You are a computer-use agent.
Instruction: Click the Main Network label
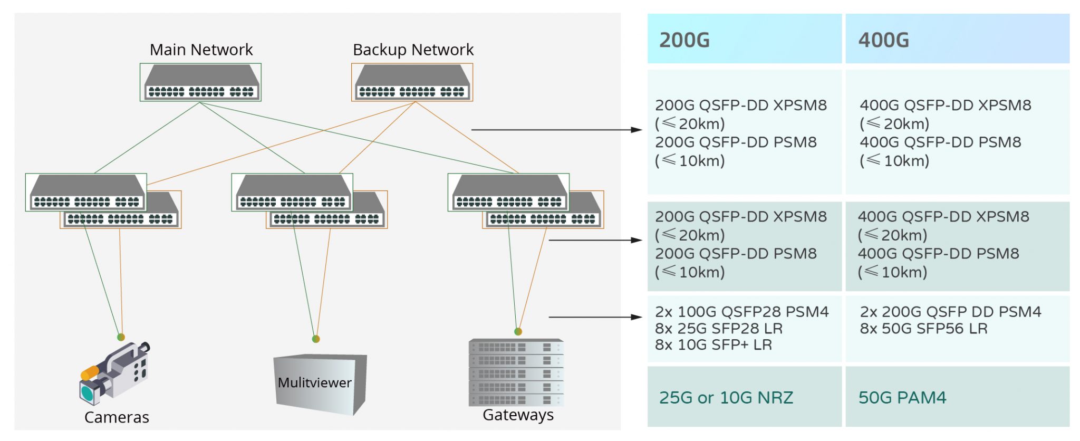tap(201, 50)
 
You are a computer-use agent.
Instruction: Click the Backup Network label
tap(413, 50)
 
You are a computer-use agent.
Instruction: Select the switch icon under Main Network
tap(200, 82)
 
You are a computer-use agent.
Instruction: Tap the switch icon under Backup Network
tap(412, 82)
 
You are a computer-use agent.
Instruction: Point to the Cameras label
tap(117, 417)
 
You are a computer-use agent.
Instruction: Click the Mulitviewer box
tap(320, 384)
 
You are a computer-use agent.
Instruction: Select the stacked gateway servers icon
tap(516, 372)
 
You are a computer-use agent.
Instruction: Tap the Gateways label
tap(518, 415)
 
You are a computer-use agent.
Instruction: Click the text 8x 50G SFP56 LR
tap(923, 329)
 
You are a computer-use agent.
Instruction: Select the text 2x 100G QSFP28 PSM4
tap(741, 312)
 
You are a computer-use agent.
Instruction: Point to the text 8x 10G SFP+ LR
tap(713, 345)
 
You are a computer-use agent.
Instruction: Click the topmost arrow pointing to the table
tap(556, 129)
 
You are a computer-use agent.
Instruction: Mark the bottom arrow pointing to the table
tap(595, 317)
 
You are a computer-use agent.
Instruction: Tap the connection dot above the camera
tap(121, 337)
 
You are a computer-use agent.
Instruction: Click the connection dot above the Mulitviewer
tap(315, 339)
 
